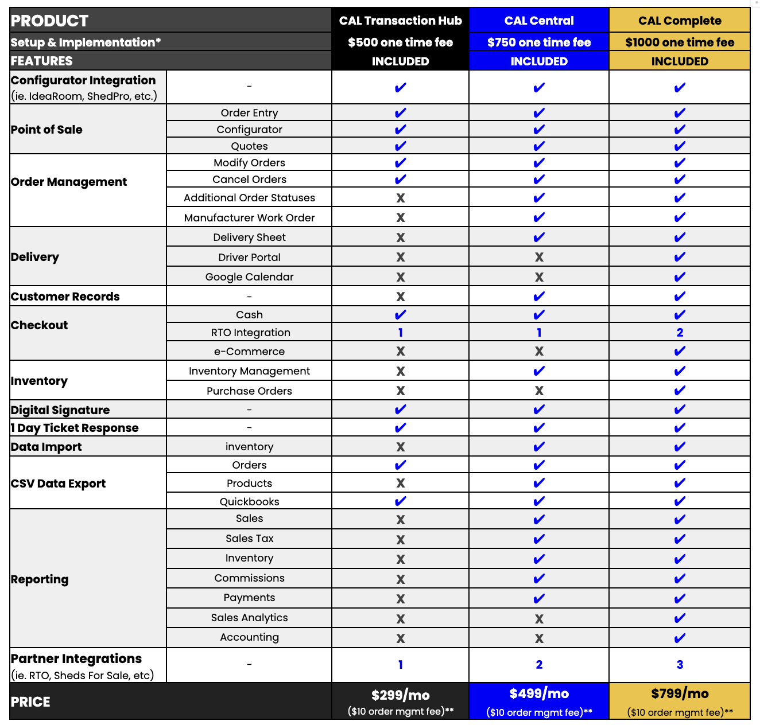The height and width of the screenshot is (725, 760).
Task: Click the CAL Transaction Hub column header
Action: [x=400, y=21]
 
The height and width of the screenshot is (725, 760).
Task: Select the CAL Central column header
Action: [x=539, y=21]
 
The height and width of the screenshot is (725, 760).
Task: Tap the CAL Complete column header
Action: [x=680, y=21]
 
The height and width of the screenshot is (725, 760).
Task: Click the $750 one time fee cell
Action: [x=539, y=42]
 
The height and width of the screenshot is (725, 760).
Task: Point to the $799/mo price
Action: [x=680, y=694]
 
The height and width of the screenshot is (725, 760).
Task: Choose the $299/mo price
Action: [x=400, y=695]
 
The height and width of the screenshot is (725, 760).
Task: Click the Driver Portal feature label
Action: [x=249, y=258]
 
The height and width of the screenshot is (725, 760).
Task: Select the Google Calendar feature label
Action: [x=249, y=277]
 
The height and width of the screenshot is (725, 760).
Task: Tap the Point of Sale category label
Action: [x=46, y=130]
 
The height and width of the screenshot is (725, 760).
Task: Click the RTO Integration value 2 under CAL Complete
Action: [x=680, y=333]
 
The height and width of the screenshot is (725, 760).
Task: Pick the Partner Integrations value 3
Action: [x=680, y=665]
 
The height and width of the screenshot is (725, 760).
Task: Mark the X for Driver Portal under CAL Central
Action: [x=539, y=258]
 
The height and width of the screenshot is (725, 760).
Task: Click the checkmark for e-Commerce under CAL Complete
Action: [x=680, y=351]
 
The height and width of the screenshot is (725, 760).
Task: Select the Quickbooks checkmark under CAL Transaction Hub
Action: [x=400, y=501]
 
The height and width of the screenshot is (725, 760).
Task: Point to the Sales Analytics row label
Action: [x=249, y=618]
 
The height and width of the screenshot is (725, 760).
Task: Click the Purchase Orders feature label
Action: [x=249, y=391]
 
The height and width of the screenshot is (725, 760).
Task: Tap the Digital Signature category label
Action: [x=60, y=410]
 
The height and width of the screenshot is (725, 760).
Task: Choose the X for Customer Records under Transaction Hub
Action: [x=400, y=297]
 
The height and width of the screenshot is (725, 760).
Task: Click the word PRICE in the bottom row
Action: [x=30, y=702]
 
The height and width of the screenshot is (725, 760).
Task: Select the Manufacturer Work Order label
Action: [x=249, y=218]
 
